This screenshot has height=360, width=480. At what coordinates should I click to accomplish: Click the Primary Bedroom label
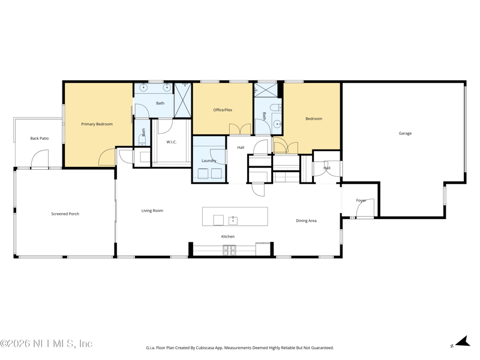[97, 124]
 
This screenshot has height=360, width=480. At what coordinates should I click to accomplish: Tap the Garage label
[405, 133]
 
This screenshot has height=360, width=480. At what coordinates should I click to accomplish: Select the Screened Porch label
[65, 214]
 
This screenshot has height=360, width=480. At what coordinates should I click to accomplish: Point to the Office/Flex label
[223, 110]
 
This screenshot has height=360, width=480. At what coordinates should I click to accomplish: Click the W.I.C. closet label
[172, 142]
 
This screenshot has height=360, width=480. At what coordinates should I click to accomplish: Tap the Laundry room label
[209, 161]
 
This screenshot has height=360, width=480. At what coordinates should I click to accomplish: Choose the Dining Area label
[306, 221]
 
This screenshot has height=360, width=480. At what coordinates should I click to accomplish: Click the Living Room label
[152, 211]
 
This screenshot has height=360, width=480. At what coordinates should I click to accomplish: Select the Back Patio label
[40, 139]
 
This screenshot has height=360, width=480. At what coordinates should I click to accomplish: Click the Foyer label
[361, 200]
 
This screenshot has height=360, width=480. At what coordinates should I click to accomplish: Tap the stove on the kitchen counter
[229, 250]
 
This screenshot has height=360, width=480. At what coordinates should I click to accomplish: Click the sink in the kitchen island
[233, 220]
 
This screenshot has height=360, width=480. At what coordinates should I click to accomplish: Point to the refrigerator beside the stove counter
[263, 249]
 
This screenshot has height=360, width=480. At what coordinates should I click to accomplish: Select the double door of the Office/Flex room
[240, 130]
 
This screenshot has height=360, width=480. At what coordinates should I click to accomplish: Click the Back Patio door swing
[40, 158]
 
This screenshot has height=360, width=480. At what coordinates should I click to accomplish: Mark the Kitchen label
[228, 236]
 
